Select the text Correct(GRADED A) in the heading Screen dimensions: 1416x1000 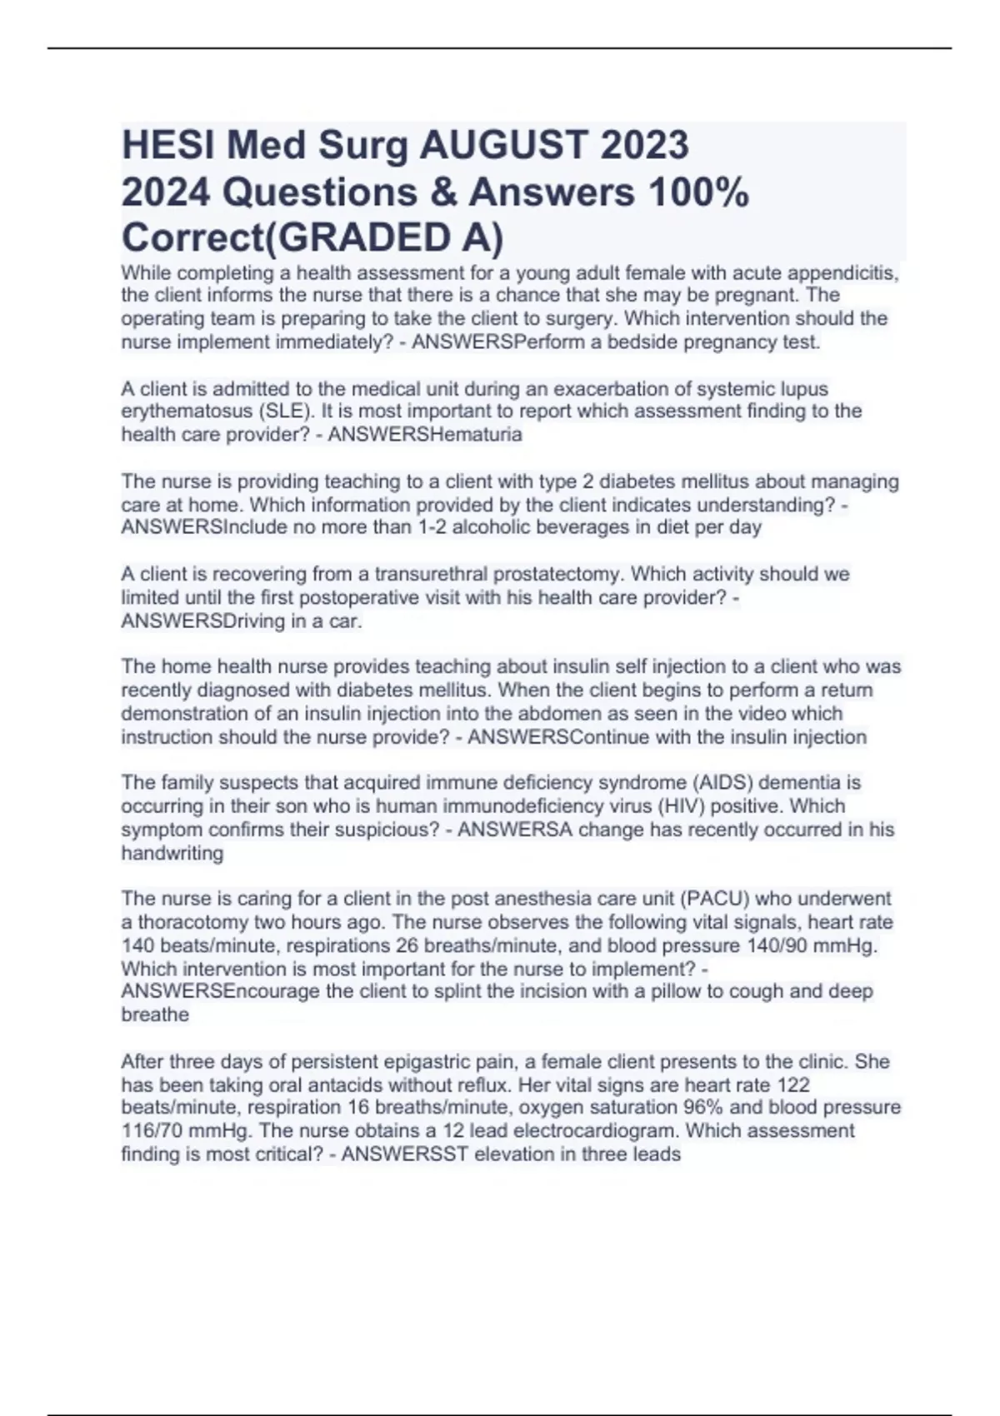[312, 238]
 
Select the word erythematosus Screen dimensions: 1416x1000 [184, 411]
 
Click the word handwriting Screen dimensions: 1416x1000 [172, 853]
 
